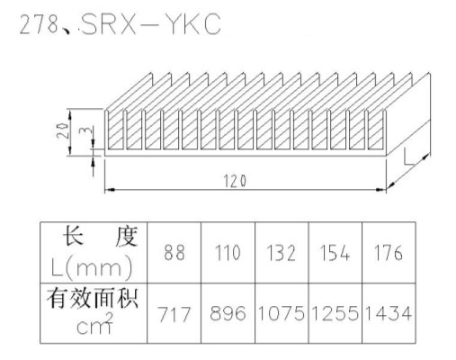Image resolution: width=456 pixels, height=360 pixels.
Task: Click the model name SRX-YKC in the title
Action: tap(151, 23)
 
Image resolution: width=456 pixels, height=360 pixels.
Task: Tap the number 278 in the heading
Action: tap(39, 24)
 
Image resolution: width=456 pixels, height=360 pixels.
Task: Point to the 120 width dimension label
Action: tap(235, 181)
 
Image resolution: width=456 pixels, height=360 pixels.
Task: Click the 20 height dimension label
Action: tap(62, 130)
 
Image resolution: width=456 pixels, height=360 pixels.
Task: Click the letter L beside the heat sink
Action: tap(409, 157)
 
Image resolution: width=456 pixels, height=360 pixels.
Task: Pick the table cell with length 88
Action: tap(174, 253)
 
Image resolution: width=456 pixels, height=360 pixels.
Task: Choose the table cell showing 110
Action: tap(228, 253)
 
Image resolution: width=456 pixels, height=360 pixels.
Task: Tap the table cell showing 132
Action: tap(282, 253)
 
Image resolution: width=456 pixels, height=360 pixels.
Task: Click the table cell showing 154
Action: tap(335, 253)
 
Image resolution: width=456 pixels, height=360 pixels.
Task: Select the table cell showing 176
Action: tap(389, 253)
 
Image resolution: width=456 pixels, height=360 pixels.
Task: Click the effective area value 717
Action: tap(174, 314)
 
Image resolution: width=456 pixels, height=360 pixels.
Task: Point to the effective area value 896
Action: tap(228, 313)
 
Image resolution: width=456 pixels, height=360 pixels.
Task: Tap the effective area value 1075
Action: tap(282, 313)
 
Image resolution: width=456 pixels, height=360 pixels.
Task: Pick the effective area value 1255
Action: tap(335, 313)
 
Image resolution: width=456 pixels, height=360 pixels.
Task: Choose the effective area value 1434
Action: tap(389, 313)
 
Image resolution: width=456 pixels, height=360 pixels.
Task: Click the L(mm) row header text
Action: tap(92, 267)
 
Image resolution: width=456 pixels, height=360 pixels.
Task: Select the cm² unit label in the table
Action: tap(94, 323)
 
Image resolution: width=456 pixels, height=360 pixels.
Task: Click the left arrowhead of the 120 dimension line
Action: tap(110, 190)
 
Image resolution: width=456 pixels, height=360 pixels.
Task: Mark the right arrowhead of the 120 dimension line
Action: tap(381, 190)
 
